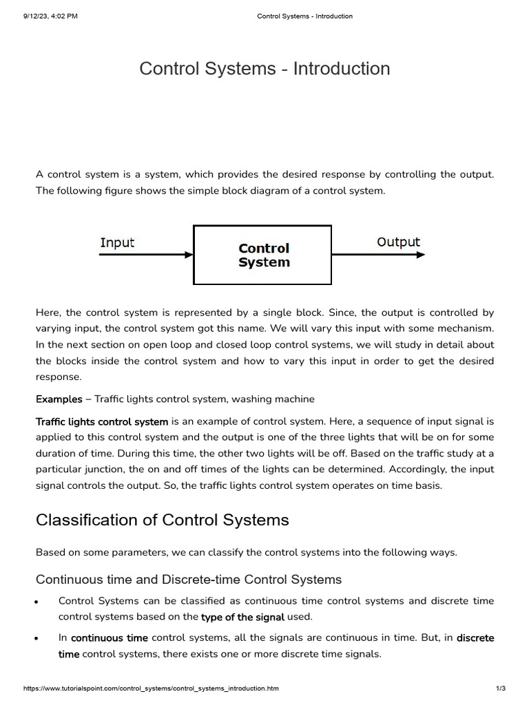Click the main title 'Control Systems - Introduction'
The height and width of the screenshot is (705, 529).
(x=264, y=69)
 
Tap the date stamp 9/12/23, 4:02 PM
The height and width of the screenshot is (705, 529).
(x=50, y=16)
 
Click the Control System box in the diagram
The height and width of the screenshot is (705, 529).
(x=262, y=255)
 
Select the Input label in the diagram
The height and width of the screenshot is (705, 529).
(x=118, y=243)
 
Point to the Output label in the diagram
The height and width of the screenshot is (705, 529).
(x=398, y=242)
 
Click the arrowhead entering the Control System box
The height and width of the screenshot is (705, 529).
(x=189, y=255)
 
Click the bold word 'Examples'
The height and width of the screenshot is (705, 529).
(x=59, y=399)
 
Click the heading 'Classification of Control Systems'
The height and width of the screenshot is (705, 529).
(x=162, y=520)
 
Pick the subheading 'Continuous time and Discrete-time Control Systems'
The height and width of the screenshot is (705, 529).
(x=188, y=579)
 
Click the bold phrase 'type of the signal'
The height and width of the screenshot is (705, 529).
(x=242, y=617)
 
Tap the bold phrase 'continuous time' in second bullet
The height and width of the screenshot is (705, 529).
(x=110, y=638)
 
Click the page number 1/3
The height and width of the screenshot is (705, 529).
(x=501, y=688)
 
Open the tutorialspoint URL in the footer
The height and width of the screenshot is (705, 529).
(x=151, y=688)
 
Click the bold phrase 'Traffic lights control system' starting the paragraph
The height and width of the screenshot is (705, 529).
(x=102, y=421)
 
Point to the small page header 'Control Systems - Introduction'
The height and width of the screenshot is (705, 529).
(x=304, y=16)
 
